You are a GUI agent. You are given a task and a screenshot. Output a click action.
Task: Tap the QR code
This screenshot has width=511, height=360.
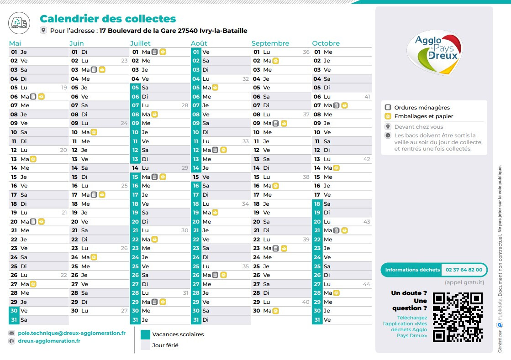click(x=458, y=317)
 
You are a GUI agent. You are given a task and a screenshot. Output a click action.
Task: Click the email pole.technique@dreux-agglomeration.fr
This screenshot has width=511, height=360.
click(x=71, y=333)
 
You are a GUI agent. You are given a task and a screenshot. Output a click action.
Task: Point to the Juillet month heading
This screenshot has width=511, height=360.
click(x=140, y=43)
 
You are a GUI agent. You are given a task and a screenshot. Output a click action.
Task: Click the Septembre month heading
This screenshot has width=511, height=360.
click(x=270, y=43)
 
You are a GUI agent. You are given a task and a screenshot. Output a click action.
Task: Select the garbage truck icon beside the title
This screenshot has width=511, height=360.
click(x=18, y=21)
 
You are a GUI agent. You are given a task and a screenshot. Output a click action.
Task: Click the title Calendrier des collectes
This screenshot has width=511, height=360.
click(x=108, y=19)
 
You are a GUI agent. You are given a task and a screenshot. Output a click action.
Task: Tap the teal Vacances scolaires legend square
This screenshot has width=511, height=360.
click(x=145, y=334)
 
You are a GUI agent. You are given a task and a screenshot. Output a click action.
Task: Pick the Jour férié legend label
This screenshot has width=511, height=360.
click(x=165, y=345)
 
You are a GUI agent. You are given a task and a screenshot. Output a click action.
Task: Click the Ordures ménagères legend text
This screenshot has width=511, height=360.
click(x=422, y=108)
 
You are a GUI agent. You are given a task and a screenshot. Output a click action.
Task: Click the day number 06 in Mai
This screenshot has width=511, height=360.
click(x=14, y=97)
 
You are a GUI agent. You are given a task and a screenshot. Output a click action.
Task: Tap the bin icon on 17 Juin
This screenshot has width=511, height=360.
click(x=94, y=195)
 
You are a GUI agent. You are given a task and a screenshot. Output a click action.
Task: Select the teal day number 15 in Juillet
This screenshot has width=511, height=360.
click(x=135, y=177)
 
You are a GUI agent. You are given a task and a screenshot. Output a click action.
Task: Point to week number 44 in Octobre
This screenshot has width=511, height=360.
click(x=366, y=284)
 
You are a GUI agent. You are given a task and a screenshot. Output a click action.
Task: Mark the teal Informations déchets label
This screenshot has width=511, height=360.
click(x=412, y=270)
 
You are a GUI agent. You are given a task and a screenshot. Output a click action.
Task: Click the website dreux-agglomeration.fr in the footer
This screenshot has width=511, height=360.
click(x=49, y=341)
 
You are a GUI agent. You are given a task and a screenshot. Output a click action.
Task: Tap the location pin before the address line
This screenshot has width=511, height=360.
click(x=43, y=31)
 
